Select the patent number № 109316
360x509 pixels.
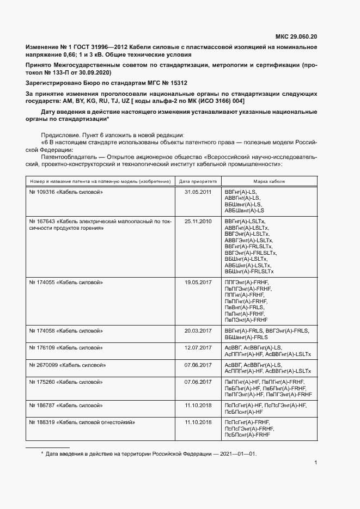41,193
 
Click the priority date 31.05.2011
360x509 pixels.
198,193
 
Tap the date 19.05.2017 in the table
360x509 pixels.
198,283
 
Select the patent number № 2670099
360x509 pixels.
43,365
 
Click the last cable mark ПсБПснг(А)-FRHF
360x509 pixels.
247,434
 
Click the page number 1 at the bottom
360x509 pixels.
316,463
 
